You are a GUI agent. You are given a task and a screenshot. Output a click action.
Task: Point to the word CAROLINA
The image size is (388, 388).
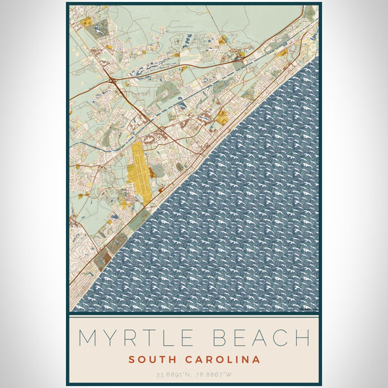[x=220, y=360]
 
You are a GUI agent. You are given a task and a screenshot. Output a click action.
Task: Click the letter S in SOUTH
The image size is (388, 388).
[x=131, y=360]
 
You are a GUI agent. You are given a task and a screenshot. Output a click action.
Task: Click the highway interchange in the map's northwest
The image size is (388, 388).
[x=114, y=80]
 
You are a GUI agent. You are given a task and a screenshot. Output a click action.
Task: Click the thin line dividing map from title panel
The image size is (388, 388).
[x=194, y=314]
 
